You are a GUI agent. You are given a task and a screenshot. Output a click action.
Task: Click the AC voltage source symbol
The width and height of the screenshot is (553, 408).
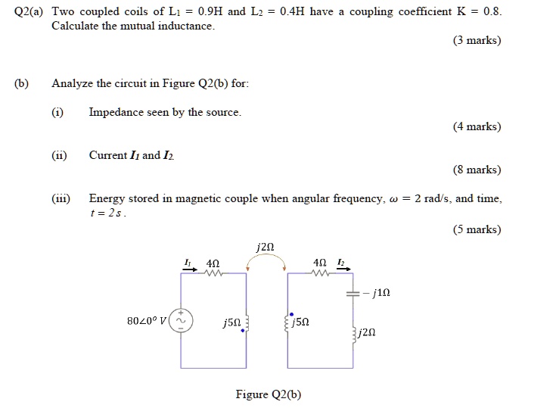click(x=180, y=320)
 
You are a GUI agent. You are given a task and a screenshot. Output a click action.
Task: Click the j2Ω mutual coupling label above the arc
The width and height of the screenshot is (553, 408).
click(x=265, y=247)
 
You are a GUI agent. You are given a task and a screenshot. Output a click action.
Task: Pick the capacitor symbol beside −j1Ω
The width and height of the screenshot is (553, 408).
click(x=353, y=293)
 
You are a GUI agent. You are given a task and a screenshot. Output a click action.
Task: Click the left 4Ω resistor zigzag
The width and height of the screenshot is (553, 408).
click(x=213, y=273)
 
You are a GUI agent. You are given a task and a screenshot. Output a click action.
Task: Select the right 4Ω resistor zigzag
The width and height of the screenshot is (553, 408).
click(x=321, y=273)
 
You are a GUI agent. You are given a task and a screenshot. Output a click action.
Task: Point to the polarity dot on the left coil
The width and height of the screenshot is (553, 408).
click(x=243, y=332)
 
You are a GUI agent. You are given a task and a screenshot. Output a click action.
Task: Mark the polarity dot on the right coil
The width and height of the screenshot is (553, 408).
click(x=290, y=312)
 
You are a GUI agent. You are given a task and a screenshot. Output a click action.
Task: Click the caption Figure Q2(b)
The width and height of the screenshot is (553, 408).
click(x=269, y=394)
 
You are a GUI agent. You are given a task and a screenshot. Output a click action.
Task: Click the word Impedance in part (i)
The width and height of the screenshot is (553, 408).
click(x=114, y=113)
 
